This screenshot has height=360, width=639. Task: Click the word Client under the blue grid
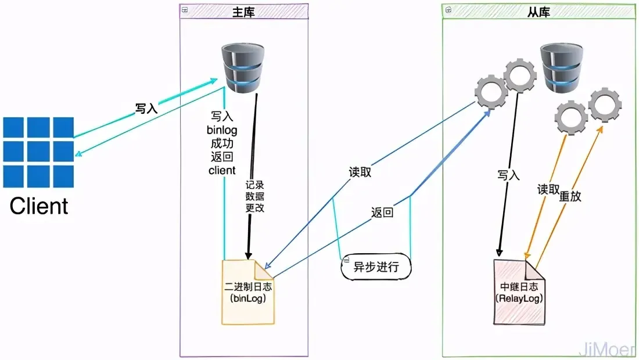pos(39,206)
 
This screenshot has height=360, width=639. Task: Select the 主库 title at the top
pos(243,12)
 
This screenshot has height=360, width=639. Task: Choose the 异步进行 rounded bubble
pos(376,268)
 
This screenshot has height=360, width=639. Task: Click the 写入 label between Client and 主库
pos(146,109)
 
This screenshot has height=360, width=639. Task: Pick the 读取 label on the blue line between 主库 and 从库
pos(360,172)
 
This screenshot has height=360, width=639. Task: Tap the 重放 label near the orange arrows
pos(570,196)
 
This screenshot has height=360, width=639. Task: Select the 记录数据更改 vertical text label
pos(254,195)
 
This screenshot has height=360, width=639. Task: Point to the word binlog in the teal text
pos(222,130)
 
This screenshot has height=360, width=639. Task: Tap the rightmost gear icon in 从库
pos(605,105)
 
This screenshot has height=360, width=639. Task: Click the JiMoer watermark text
pos(607,348)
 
